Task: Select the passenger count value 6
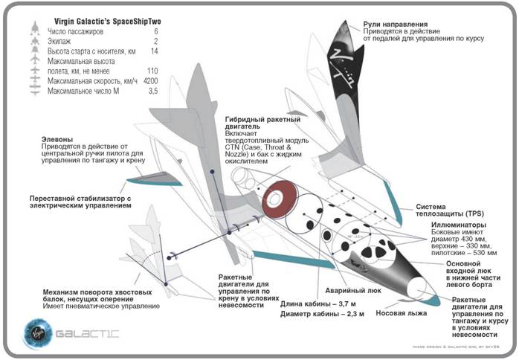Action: (x=155, y=32)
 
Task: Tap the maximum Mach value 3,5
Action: (x=153, y=91)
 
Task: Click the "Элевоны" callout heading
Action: (x=59, y=139)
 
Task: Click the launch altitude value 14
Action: (x=153, y=51)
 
